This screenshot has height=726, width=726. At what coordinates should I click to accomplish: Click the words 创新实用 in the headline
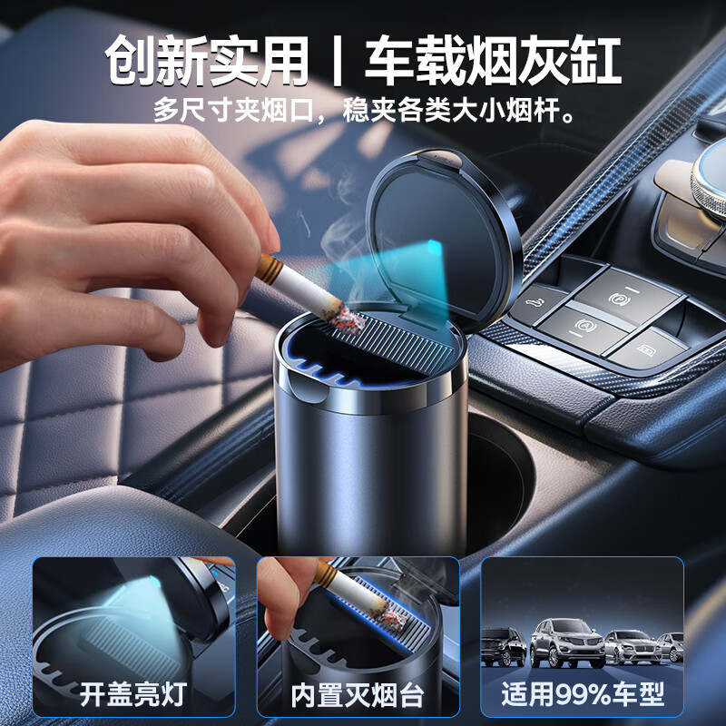[206, 61]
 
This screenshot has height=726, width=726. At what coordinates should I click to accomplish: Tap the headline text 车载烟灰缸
[493, 61]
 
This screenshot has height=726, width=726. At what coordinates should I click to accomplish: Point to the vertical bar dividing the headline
[337, 61]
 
